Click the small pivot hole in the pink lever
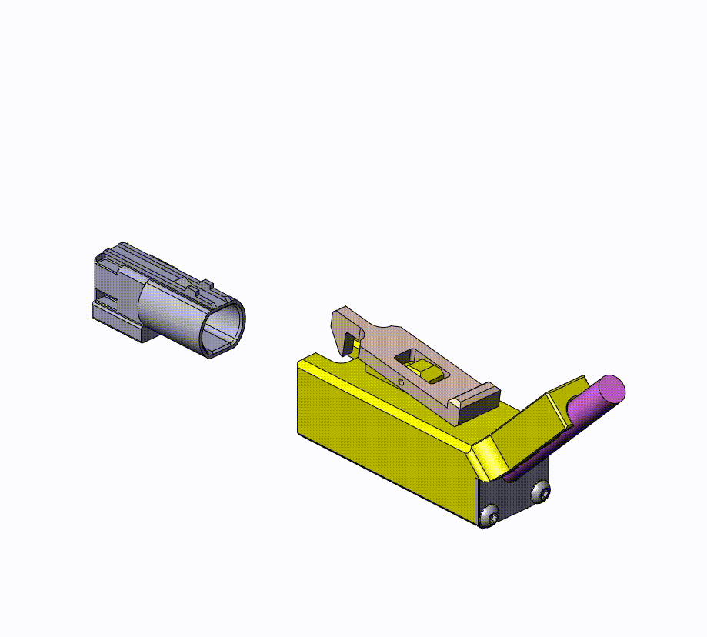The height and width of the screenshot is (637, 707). coord(401,380)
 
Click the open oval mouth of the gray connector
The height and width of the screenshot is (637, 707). coord(225,326)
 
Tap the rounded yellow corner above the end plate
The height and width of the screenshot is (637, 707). coord(486,458)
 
